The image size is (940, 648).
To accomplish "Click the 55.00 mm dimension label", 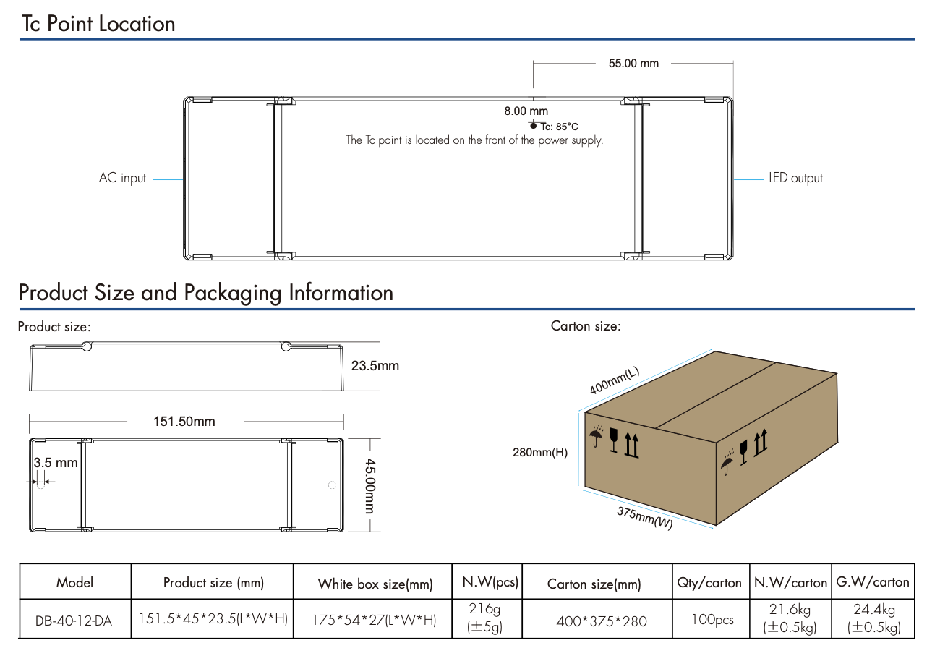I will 633,64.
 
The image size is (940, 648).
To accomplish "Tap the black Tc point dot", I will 534,126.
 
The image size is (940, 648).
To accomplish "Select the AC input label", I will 122,178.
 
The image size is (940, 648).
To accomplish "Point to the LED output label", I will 795,178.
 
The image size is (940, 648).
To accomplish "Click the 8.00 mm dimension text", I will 526,111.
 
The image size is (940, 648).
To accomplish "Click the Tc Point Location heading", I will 98,24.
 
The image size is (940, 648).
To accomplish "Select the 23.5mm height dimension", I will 375,366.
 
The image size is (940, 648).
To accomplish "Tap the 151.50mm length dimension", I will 184,422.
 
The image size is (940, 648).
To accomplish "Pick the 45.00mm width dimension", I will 369,485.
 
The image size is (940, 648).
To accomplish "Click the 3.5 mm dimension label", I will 56,463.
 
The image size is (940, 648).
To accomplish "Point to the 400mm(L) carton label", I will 615,381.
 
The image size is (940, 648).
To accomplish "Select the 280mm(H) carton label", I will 540,453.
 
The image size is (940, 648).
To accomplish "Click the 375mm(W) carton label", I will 644,517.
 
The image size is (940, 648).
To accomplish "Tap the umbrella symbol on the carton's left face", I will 597,435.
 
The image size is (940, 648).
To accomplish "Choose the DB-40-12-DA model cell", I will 74,621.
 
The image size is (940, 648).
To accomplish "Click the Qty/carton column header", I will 709,583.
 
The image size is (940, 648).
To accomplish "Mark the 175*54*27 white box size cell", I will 373,621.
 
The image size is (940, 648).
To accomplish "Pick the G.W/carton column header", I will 873,581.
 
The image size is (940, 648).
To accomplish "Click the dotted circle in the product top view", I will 333,485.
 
